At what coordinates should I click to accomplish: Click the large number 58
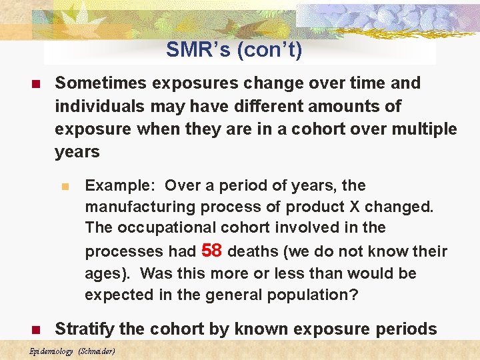(211, 250)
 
